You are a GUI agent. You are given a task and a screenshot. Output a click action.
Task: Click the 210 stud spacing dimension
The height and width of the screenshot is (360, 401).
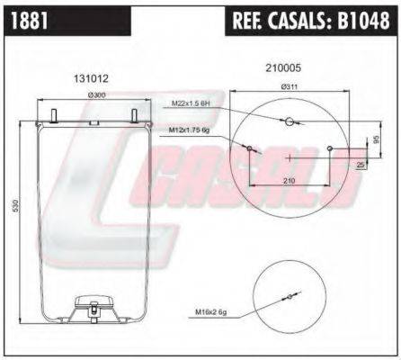pyautogui.click(x=288, y=181)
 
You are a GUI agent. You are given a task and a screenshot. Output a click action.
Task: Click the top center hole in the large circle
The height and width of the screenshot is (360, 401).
pyautogui.click(x=289, y=124)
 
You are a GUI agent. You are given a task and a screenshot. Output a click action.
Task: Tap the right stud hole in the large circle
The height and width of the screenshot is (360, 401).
pyautogui.click(x=331, y=149)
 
